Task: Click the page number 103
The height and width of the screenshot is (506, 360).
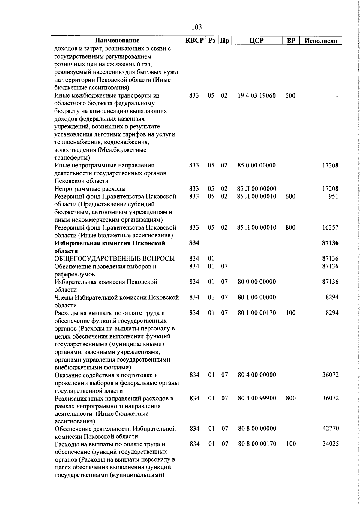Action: coord(196,27)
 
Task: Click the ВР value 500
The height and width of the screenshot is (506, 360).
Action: coord(290,96)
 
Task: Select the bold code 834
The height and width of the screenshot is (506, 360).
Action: coord(194,243)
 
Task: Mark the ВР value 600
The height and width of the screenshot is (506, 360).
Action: coord(290,197)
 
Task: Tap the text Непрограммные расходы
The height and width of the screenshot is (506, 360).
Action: coord(94,189)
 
